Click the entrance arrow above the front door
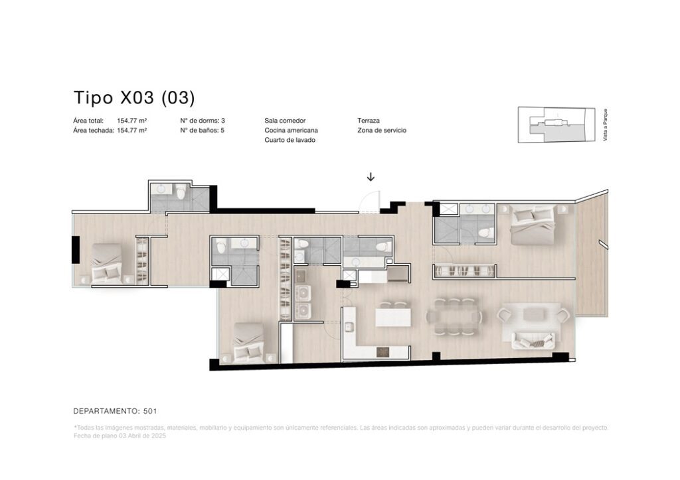point(371,176)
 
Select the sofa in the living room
point(533,340)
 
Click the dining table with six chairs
point(454,316)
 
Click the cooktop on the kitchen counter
point(384,352)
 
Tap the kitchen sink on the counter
point(349,328)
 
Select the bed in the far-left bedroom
point(106,263)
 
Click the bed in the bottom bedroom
point(248,342)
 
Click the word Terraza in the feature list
point(369,121)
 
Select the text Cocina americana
point(291,131)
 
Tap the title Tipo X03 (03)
point(134,97)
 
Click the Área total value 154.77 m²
point(132,121)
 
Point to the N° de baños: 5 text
point(202,131)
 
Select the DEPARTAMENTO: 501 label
point(115,411)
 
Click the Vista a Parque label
point(606,125)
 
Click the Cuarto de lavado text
point(290,140)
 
